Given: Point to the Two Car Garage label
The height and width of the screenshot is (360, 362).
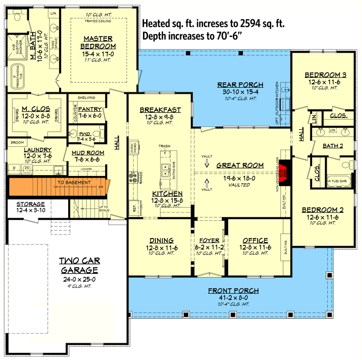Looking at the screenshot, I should point(79,265).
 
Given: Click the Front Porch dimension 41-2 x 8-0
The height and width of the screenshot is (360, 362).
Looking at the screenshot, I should point(233,298).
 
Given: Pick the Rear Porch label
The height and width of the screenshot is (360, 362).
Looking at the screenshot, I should point(240,84).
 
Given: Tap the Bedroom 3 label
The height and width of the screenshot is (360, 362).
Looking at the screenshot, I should point(325,75).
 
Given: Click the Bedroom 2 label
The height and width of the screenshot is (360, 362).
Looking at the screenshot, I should point(323,210).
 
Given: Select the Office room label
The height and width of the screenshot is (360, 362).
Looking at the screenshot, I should point(255,240).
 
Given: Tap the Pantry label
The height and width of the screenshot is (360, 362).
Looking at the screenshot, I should point(90,109).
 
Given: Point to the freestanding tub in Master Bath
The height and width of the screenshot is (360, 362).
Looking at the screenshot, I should point(17,76).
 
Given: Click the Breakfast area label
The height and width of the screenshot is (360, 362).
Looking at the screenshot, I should point(160,109).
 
